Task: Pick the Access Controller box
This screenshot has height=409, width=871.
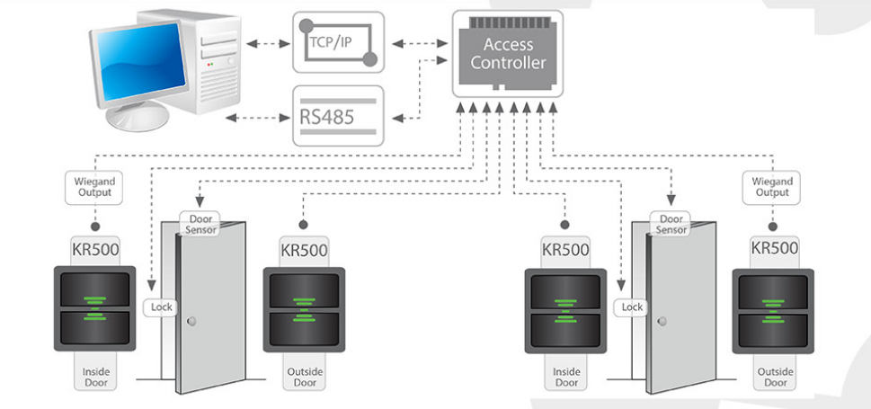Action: pos(508,54)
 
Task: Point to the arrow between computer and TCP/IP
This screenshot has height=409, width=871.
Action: pos(266,42)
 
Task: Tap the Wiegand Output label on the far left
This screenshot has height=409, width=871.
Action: pos(95,187)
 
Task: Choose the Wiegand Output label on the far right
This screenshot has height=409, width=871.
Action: pos(771,187)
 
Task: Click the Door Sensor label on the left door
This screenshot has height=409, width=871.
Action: pos(199,224)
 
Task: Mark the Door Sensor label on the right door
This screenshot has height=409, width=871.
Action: pos(671,224)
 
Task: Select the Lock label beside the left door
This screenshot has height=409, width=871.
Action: pos(161,307)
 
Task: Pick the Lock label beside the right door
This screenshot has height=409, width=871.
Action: pos(633,307)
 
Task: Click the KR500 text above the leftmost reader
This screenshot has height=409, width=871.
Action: pos(95,248)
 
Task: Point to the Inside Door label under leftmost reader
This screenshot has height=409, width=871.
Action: pos(95,376)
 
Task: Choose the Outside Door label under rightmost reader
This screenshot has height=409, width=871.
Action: pos(775,376)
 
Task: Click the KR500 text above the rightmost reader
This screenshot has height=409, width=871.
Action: pos(775,248)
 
